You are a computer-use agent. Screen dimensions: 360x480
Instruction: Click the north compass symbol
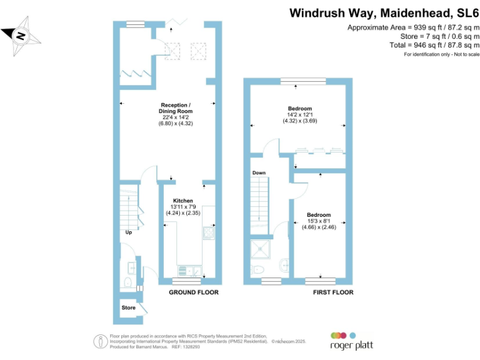21,36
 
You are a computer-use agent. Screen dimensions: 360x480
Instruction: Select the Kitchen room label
183,201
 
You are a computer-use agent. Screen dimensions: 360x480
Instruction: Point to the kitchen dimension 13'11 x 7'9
183,207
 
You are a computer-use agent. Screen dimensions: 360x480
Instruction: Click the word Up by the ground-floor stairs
128,232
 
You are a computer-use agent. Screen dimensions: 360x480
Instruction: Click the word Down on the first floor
259,173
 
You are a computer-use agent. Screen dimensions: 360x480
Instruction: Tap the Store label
128,307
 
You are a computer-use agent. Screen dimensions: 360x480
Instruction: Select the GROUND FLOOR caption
194,292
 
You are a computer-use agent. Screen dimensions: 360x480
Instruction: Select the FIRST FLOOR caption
332,292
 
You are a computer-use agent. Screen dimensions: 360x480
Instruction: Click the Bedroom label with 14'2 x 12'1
299,109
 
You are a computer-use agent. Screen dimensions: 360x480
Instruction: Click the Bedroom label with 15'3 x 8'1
319,215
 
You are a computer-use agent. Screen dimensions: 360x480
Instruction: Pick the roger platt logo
346,340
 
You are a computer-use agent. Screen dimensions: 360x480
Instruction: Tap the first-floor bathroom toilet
258,269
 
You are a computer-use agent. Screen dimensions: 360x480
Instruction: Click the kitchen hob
209,232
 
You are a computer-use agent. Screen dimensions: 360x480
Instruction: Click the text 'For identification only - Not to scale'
441,55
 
